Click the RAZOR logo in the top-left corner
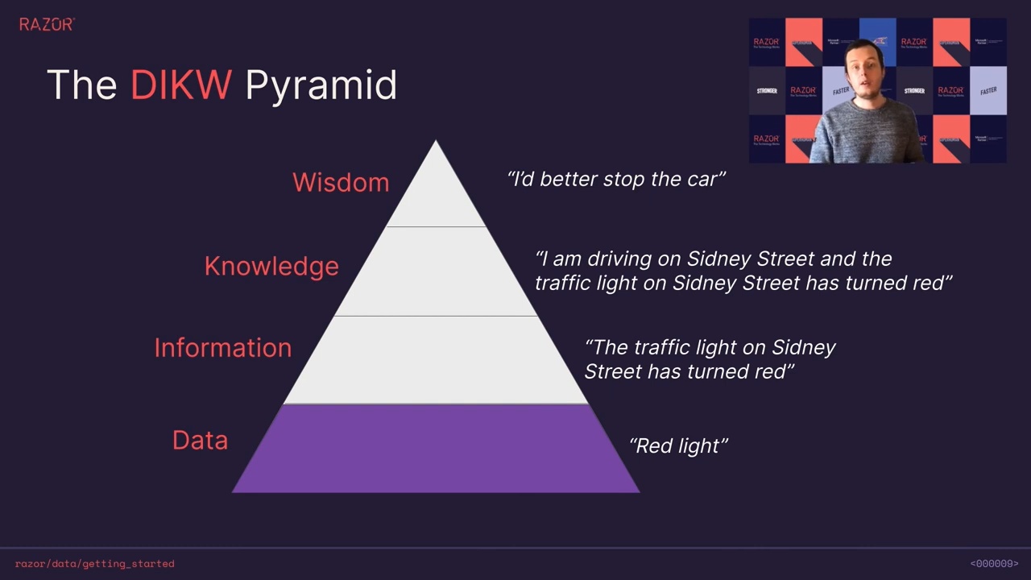pyautogui.click(x=47, y=24)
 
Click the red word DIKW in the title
pyautogui.click(x=181, y=85)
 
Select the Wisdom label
pyautogui.click(x=341, y=182)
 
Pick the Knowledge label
pyautogui.click(x=271, y=267)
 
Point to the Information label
pyautogui.click(x=222, y=347)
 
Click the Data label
pyautogui.click(x=200, y=440)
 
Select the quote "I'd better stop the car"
pyautogui.click(x=616, y=179)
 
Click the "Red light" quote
pyautogui.click(x=678, y=445)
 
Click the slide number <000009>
pyautogui.click(x=994, y=564)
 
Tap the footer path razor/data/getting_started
pyautogui.click(x=94, y=564)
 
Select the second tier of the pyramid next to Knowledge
pyautogui.click(x=436, y=271)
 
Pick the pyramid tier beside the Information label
pyautogui.click(x=436, y=360)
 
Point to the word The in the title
pyautogui.click(x=81, y=85)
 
